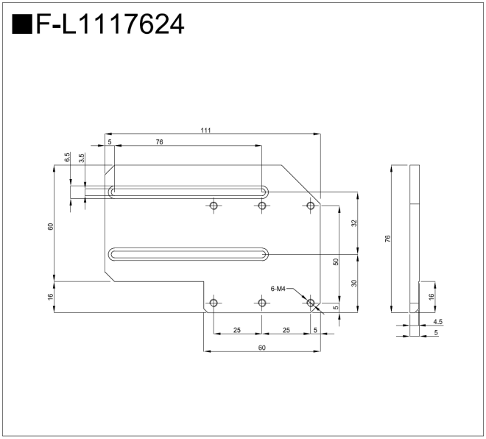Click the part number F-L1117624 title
(110, 24)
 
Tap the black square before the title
(22, 24)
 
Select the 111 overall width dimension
(205, 130)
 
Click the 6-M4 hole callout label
(278, 289)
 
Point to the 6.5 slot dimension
(68, 157)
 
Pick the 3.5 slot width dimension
(82, 158)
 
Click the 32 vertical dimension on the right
(354, 223)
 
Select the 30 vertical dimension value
(354, 283)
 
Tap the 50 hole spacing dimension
(336, 262)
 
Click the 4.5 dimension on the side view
(438, 322)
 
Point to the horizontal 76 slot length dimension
(159, 142)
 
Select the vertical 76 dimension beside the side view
(388, 239)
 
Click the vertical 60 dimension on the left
(51, 227)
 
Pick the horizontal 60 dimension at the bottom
(262, 348)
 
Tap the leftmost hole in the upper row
(214, 206)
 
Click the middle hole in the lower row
(262, 303)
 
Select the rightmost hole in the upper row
(311, 206)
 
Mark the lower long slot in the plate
(189, 255)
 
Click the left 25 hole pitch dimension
(237, 330)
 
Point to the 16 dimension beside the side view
(431, 297)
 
